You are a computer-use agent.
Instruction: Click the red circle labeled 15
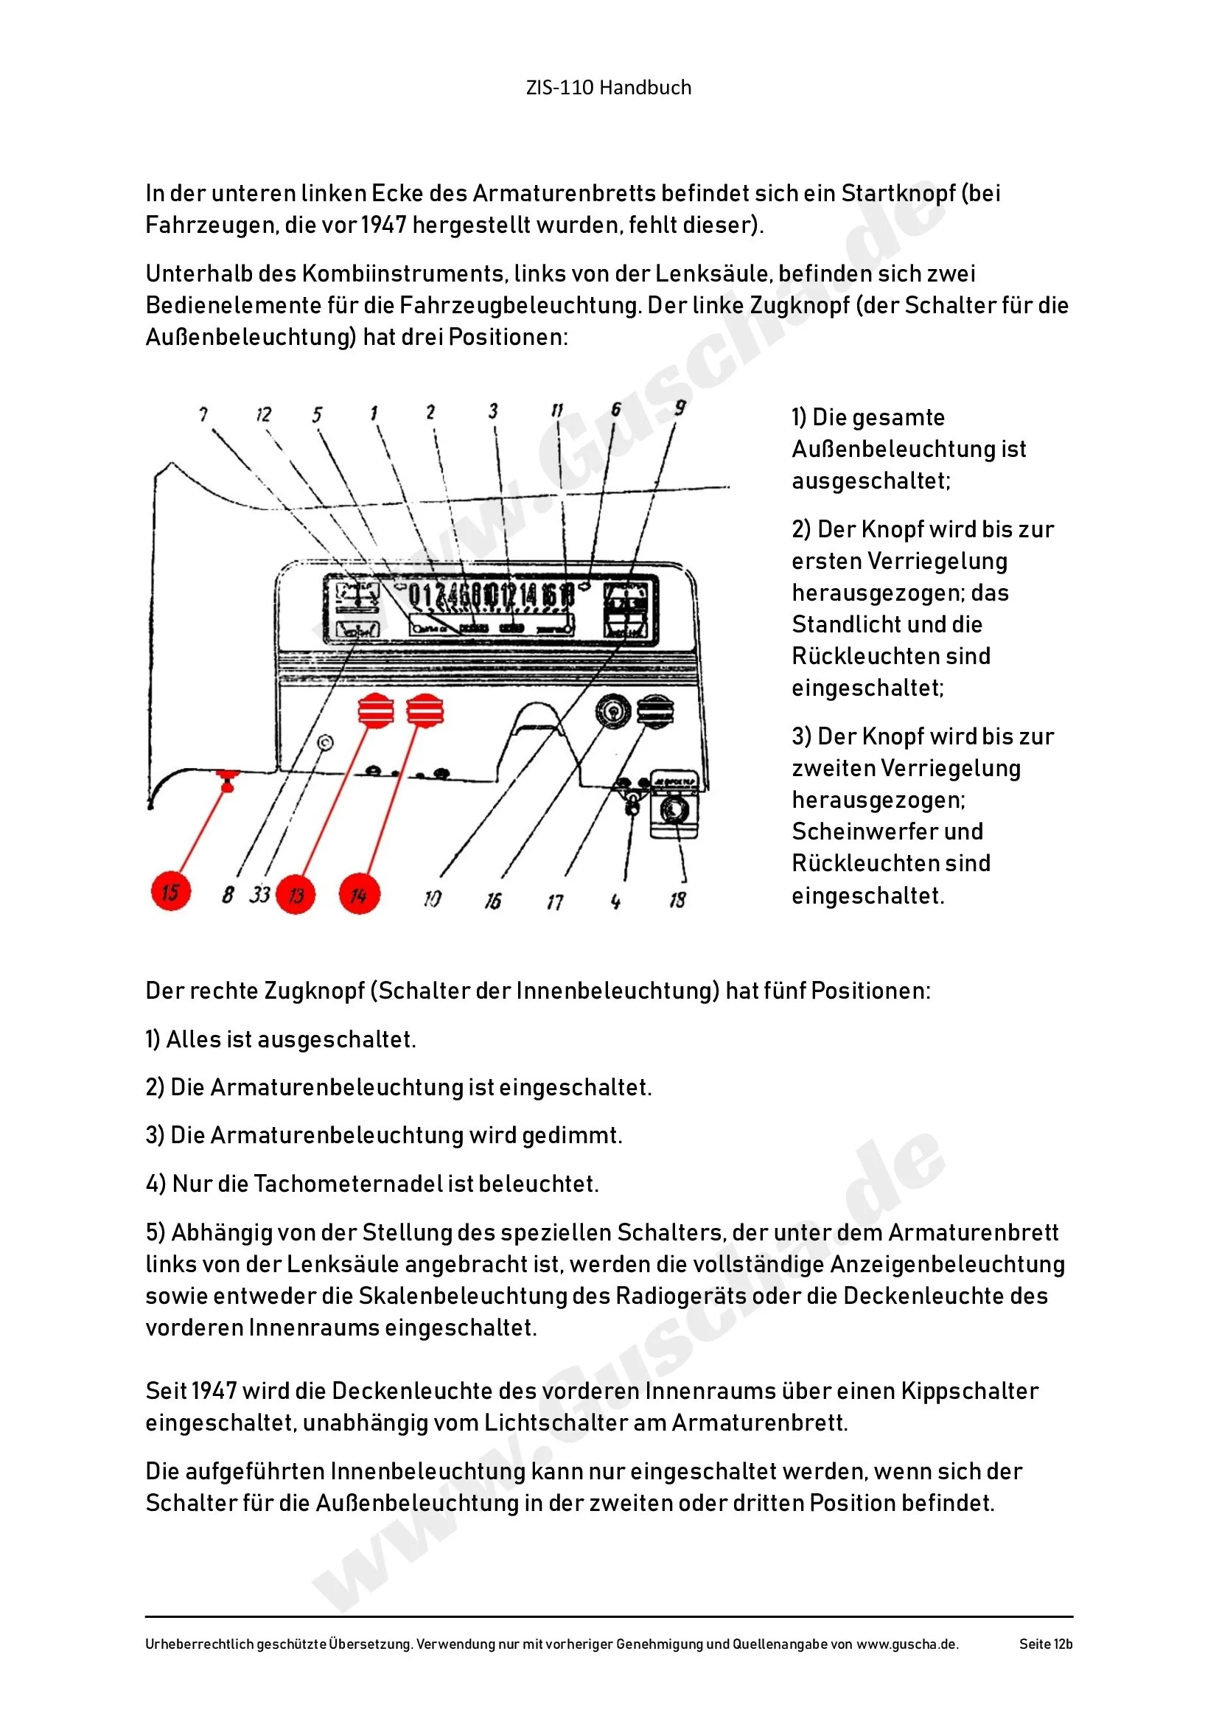pos(171,891)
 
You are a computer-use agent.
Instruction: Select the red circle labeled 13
pos(296,894)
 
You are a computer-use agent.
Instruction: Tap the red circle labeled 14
pos(360,894)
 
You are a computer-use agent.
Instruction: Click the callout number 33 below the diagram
pos(259,894)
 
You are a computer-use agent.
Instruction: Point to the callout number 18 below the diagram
pos(677,899)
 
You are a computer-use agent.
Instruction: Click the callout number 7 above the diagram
pos(203,413)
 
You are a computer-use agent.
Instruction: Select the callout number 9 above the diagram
pos(680,408)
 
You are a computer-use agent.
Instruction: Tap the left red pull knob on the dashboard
pos(376,710)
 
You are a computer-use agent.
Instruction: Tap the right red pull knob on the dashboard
pos(425,710)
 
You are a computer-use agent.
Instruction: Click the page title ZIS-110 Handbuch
pos(609,88)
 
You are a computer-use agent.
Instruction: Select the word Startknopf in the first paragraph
pos(898,194)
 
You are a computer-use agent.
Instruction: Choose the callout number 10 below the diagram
pos(433,898)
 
